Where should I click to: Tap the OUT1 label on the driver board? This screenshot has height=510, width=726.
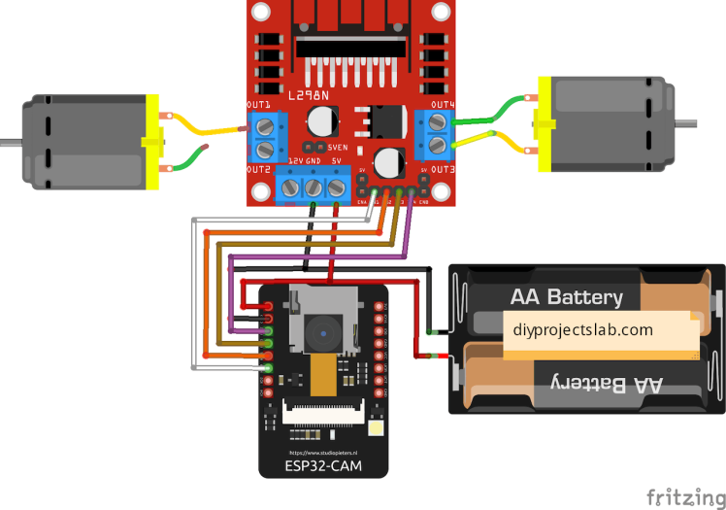(258, 104)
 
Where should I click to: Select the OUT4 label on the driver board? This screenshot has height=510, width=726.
(443, 104)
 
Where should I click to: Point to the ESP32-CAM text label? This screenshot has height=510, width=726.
(323, 466)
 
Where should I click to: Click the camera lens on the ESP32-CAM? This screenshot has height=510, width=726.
(319, 335)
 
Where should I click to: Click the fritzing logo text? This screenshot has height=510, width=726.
(683, 494)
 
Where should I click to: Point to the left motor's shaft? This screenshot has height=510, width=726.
(10, 141)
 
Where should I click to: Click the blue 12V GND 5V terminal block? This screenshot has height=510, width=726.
(314, 187)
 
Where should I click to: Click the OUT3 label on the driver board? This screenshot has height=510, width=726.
(444, 168)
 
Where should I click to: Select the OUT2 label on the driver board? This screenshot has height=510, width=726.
(257, 169)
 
